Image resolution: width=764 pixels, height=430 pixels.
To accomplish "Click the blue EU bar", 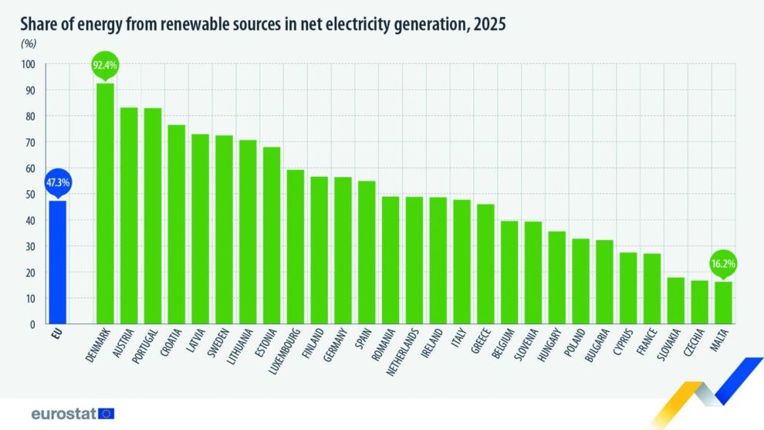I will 57,262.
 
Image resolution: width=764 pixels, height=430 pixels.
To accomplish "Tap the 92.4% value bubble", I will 105,66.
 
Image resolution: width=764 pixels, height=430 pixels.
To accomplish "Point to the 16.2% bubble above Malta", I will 723,263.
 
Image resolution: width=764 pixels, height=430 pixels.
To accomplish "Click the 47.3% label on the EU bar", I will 57,182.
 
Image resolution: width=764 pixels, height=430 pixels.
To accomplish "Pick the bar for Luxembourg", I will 295,247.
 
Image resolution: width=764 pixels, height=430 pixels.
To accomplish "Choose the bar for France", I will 652,289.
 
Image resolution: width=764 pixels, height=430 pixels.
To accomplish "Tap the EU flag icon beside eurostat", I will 106,414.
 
